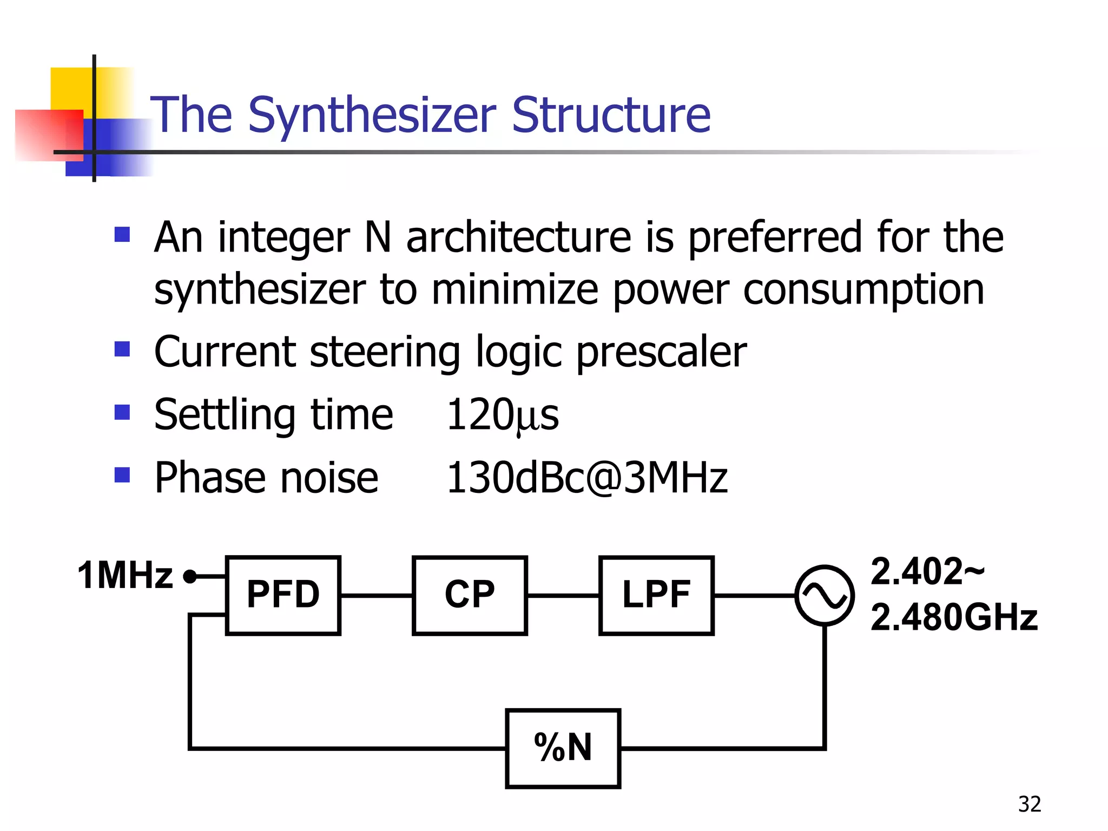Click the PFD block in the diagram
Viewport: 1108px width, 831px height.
pyautogui.click(x=283, y=595)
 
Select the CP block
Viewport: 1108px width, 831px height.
pyautogui.click(x=470, y=595)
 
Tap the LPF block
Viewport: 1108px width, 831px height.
pyautogui.click(x=656, y=595)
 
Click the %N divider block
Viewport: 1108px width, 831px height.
pyautogui.click(x=563, y=748)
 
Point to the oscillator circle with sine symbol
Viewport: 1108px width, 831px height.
pyautogui.click(x=825, y=595)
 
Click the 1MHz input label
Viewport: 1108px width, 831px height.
pyautogui.click(x=125, y=575)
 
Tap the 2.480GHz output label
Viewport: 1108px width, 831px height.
pyautogui.click(x=954, y=617)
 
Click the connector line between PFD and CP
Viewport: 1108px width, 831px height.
pyautogui.click(x=376, y=595)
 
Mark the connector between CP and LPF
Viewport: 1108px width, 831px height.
pyautogui.click(x=563, y=595)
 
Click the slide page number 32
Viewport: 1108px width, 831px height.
pyautogui.click(x=1029, y=804)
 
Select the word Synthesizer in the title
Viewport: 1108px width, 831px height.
pyautogui.click(x=372, y=115)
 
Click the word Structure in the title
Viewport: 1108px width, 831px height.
pyautogui.click(x=611, y=115)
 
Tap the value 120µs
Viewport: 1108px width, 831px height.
pyautogui.click(x=502, y=415)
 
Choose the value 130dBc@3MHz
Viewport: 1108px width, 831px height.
pyautogui.click(x=586, y=478)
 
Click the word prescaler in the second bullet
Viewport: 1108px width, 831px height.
pyautogui.click(x=661, y=352)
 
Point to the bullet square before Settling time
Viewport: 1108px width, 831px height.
pyautogui.click(x=123, y=412)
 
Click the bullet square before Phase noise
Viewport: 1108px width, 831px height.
pyautogui.click(x=123, y=475)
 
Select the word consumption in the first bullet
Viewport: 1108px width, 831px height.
pyautogui.click(x=863, y=290)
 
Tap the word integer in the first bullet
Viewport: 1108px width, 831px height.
pyautogui.click(x=284, y=238)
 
